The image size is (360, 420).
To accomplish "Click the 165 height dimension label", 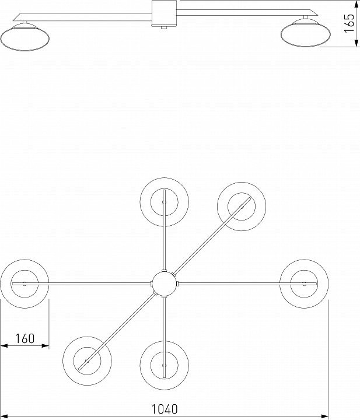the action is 349,23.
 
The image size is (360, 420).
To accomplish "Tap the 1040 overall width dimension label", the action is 165,409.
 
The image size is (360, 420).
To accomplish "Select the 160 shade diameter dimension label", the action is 25,338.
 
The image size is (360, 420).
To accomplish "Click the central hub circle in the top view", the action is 164,283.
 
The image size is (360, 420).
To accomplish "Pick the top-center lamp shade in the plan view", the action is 164,202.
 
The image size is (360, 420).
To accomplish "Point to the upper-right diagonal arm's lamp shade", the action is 242,206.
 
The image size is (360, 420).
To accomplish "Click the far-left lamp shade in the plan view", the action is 25,283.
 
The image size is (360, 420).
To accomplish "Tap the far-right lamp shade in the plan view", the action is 304,283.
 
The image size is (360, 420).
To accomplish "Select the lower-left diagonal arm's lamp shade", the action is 87,361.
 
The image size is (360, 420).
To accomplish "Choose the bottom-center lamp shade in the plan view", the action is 164,365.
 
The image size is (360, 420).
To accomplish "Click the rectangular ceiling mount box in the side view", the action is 164,13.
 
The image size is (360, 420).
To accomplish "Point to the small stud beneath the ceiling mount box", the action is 164,27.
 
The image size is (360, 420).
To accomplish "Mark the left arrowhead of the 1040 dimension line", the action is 4,416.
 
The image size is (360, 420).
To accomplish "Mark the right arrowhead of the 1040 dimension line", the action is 325,416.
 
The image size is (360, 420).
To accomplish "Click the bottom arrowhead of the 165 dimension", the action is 356,43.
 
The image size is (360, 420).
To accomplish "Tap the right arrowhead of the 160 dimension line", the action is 46,346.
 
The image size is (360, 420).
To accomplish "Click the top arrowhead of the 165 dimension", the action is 356,3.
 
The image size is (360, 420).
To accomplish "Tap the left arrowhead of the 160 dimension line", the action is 4,346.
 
